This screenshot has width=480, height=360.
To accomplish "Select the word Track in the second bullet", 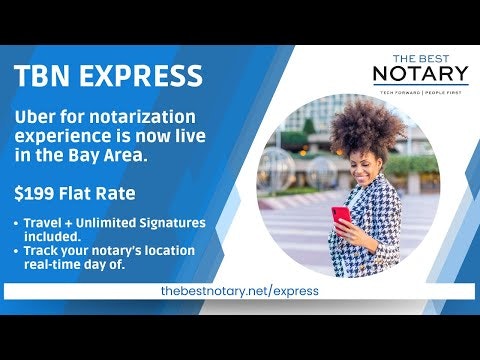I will click(x=42, y=250).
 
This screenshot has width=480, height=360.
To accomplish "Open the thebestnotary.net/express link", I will click(x=240, y=291).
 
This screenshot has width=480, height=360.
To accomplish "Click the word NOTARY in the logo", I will click(x=420, y=74).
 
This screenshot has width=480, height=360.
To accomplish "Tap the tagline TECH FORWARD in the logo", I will click(x=396, y=91).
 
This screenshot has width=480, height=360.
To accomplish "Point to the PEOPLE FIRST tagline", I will click(x=446, y=91).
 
